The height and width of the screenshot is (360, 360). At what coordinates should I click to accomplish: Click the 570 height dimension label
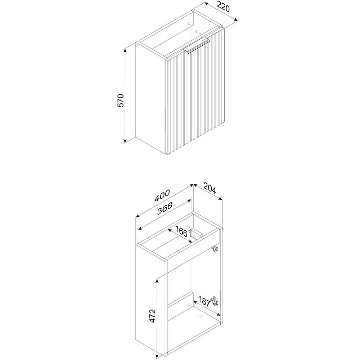pos(121,100)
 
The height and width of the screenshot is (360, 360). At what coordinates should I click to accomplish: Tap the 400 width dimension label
pos(162,195)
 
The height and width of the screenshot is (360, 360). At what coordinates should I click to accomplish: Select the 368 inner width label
pos(165,208)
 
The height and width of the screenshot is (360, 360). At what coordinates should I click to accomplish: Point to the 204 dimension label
pos(210,188)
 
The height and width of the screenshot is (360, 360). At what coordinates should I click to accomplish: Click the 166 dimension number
pos(181,231)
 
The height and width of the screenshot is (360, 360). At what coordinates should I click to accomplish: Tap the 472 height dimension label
pos(152,316)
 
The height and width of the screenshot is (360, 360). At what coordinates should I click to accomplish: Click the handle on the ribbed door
pos(197,46)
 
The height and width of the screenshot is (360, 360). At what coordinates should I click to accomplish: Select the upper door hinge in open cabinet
pos(215,249)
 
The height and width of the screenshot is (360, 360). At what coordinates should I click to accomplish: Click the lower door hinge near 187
pos(215,301)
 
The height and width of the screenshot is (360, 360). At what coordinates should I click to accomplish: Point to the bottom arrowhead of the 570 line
pos(125,141)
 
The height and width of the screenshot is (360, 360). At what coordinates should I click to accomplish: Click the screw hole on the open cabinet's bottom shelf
pos(200,316)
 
